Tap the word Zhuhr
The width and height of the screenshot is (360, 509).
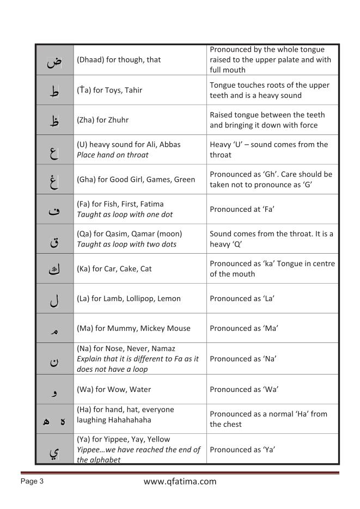click(x=117, y=120)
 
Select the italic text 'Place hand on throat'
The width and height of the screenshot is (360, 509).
click(x=112, y=155)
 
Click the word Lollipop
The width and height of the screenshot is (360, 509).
click(x=144, y=299)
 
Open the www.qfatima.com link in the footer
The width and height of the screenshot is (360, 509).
click(x=180, y=481)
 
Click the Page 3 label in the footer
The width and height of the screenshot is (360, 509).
click(x=32, y=481)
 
